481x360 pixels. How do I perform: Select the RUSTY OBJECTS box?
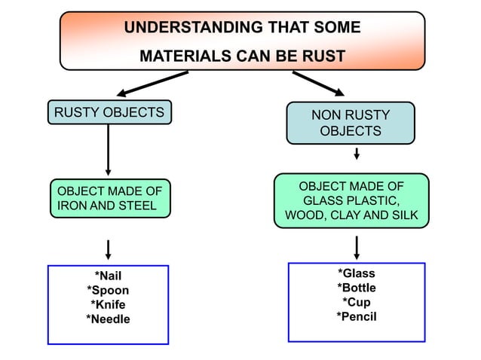(109, 112)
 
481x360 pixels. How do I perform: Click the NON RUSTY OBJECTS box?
(351, 123)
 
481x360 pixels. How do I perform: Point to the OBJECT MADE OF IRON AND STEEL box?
(110, 198)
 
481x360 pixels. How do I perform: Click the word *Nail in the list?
(108, 276)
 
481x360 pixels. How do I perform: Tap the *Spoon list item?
(108, 291)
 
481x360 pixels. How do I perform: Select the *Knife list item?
(108, 305)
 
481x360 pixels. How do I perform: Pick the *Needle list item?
(108, 319)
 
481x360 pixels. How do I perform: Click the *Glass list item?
(356, 273)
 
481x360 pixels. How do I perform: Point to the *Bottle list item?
(356, 288)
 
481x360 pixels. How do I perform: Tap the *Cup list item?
(356, 302)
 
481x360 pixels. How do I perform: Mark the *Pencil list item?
(356, 316)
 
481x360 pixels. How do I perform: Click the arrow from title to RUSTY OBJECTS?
(152, 83)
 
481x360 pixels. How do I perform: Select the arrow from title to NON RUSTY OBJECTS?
(317, 84)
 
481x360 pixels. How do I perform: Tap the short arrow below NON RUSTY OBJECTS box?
(356, 154)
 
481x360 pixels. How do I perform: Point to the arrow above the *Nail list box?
(109, 249)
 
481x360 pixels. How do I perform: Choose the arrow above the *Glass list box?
(356, 246)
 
